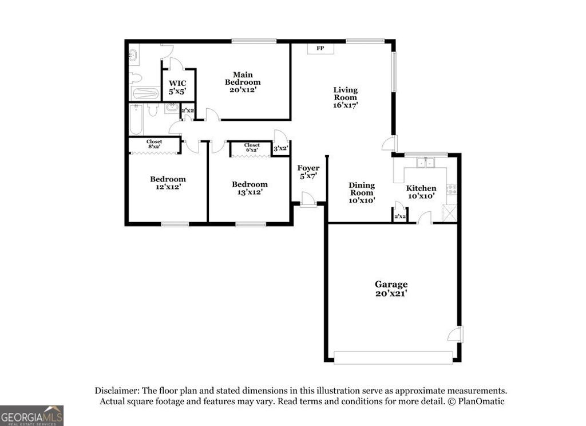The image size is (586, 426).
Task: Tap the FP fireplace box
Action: (x=320, y=48)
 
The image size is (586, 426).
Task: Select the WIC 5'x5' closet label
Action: (x=177, y=87)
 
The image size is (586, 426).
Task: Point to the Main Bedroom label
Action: (x=242, y=78)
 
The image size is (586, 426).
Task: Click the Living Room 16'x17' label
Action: (x=346, y=97)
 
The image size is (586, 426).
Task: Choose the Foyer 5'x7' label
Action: (x=308, y=172)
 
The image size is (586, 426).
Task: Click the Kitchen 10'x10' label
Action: (x=421, y=192)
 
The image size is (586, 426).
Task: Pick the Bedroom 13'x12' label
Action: (x=250, y=188)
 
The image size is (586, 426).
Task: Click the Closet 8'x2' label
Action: (x=154, y=144)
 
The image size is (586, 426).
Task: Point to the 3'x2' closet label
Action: (x=280, y=149)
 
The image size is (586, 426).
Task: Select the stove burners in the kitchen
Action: (x=452, y=189)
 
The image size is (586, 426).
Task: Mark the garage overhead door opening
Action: (x=393, y=358)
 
